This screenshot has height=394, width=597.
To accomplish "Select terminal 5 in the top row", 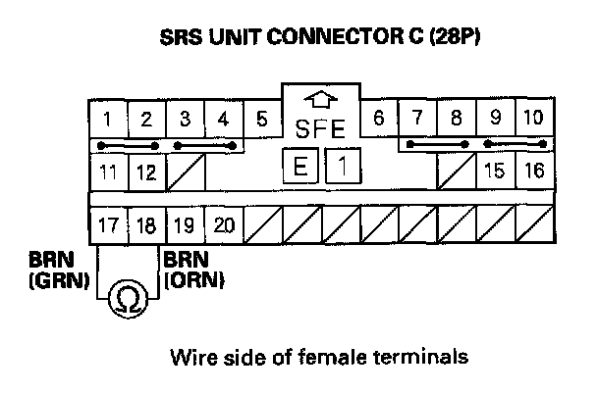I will (261, 121).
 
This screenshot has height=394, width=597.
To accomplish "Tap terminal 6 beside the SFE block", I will (378, 121).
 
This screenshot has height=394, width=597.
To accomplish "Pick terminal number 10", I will (531, 121).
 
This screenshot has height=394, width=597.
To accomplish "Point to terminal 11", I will (107, 172).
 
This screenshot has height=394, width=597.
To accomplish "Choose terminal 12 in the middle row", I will (145, 172).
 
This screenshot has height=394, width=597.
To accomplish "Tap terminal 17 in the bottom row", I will (107, 224).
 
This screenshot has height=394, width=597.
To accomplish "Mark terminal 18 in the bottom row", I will (145, 224).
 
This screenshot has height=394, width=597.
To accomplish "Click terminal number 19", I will (184, 224).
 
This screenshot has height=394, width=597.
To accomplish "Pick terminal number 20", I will (223, 224).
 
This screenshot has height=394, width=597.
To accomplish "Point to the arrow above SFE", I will (320, 100).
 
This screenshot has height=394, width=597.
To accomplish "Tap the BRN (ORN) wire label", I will (195, 271).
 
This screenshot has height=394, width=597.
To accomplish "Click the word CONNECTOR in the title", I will (329, 42).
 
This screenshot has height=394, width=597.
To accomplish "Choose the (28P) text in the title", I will (446, 42).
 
